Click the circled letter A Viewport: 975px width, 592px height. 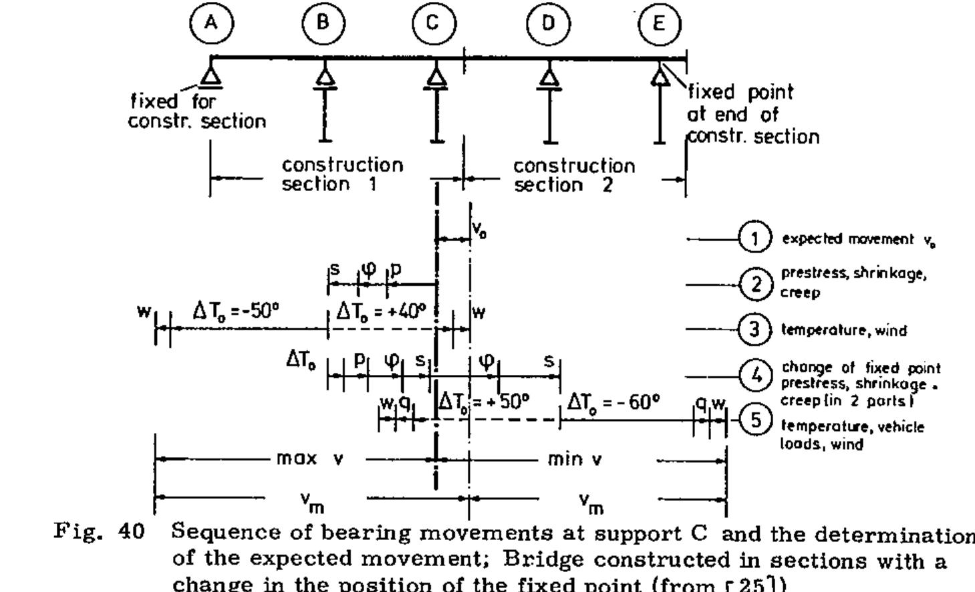[x=211, y=23]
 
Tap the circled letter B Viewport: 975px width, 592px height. [x=323, y=23]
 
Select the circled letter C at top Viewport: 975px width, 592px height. [x=434, y=23]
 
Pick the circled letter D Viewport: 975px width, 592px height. [x=548, y=23]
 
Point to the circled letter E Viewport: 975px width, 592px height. [x=659, y=24]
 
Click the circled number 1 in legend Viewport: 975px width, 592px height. [x=755, y=239]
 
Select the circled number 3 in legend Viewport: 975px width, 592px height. [x=755, y=329]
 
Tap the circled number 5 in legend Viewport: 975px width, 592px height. [x=755, y=420]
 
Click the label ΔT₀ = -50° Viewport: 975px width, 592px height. [x=235, y=311]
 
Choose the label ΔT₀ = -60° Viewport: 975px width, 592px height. [x=613, y=402]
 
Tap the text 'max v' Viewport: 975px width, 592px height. [x=309, y=460]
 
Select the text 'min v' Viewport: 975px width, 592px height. [x=575, y=460]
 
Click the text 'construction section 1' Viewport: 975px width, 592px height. [x=342, y=174]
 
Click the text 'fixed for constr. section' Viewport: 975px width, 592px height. [x=197, y=112]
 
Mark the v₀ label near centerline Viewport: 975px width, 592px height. [x=479, y=230]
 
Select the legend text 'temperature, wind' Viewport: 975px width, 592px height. [x=843, y=331]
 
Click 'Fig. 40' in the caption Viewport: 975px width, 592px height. [x=99, y=532]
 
